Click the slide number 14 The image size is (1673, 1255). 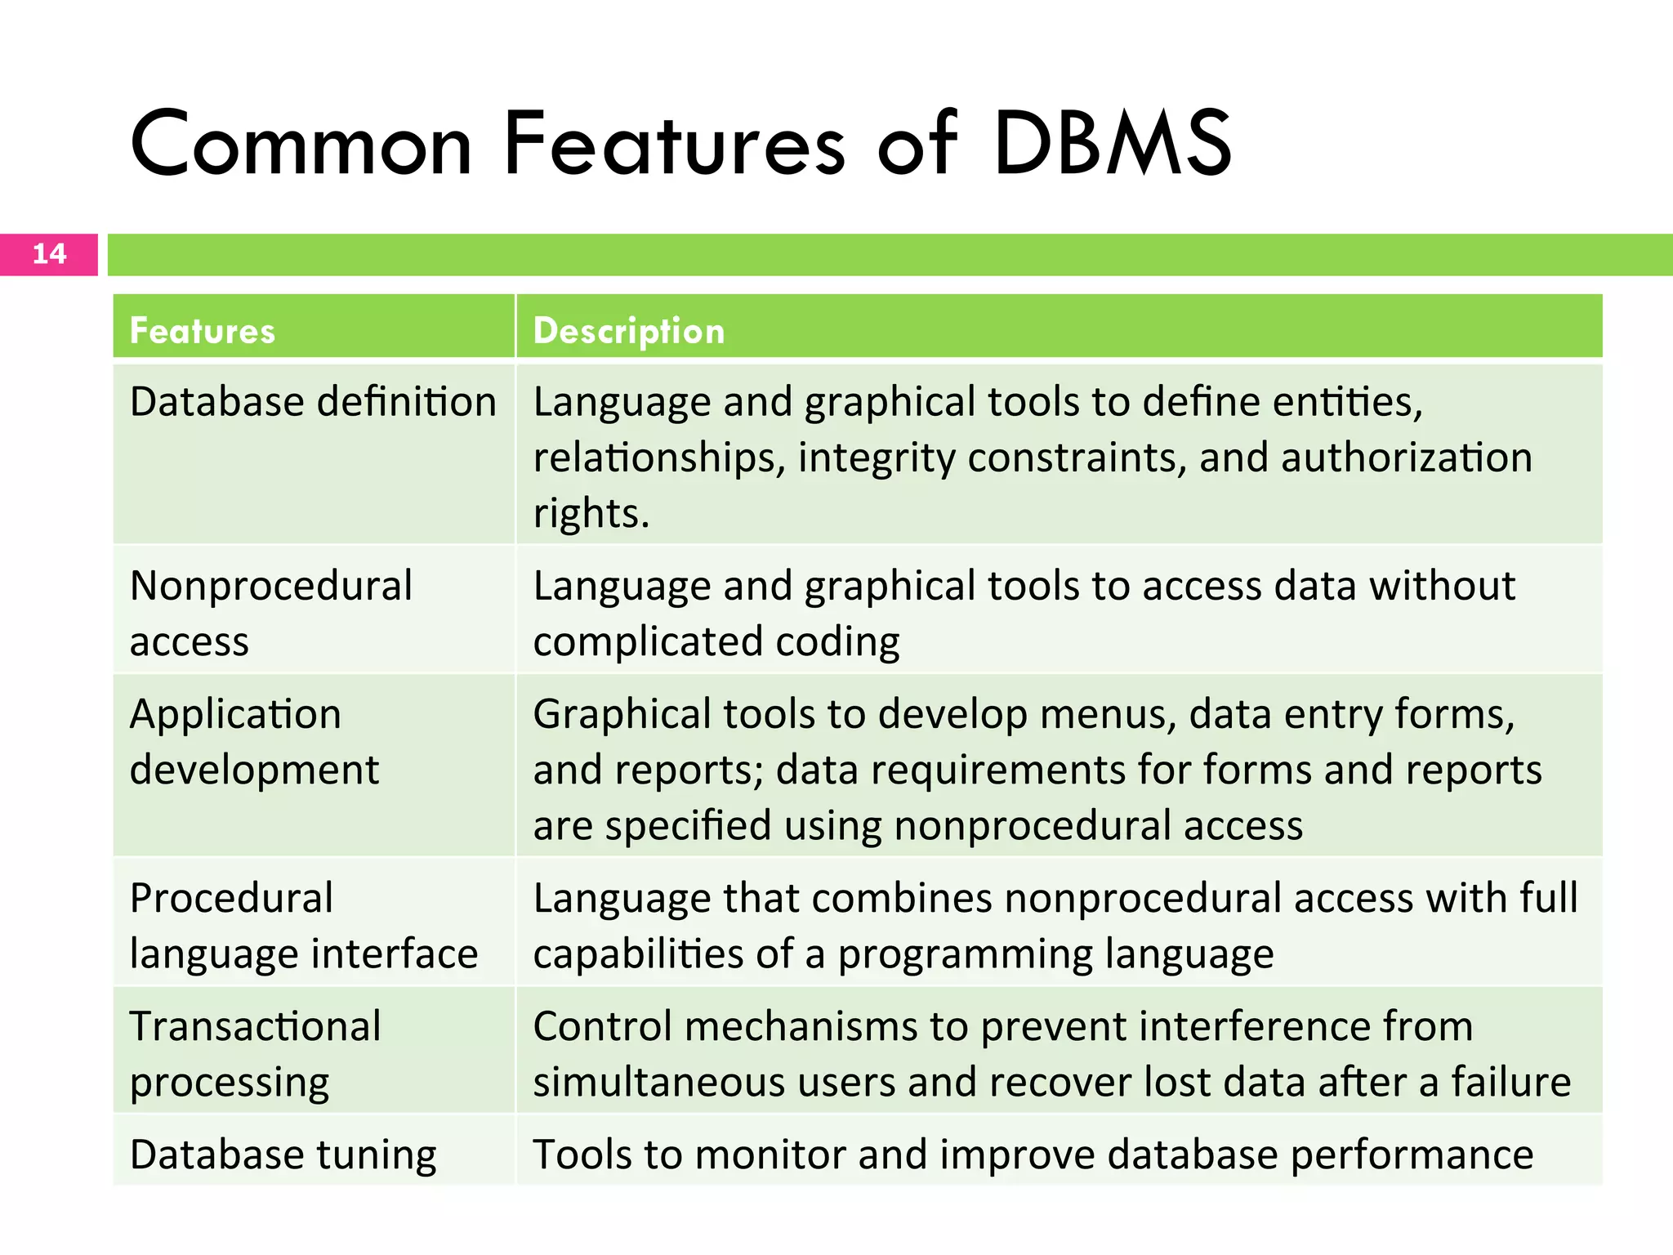(x=49, y=253)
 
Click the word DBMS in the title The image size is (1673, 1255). (x=1113, y=145)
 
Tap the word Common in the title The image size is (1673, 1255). (x=301, y=145)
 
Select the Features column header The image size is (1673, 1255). (x=203, y=331)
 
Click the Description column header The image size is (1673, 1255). (x=629, y=331)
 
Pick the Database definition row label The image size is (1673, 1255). (x=313, y=402)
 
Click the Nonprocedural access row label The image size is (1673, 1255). (x=270, y=613)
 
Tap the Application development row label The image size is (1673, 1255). (x=254, y=741)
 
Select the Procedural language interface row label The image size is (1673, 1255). (x=303, y=925)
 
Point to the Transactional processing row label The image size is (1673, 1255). (x=255, y=1053)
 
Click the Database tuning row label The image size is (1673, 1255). (x=283, y=1155)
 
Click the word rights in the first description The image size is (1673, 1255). (x=591, y=514)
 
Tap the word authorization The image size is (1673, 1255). (x=1406, y=458)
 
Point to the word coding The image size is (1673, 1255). (x=837, y=642)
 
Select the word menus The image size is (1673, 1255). (x=1108, y=714)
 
